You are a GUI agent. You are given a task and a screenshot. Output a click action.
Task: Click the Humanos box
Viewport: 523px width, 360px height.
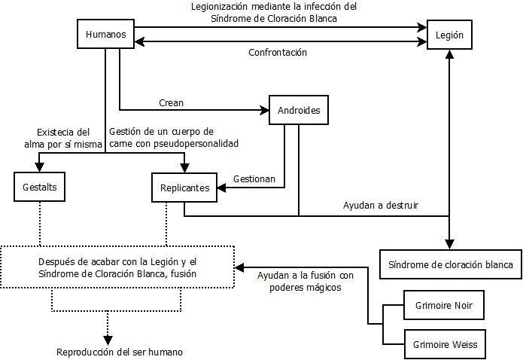(x=106, y=35)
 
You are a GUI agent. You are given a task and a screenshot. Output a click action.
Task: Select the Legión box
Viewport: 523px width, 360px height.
(x=449, y=35)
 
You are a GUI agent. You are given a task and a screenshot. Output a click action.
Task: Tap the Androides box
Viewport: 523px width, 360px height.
(x=299, y=111)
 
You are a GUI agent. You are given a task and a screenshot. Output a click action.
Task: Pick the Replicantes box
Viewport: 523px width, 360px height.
(x=184, y=188)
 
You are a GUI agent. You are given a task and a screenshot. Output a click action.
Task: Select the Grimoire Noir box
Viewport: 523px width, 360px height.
(x=443, y=305)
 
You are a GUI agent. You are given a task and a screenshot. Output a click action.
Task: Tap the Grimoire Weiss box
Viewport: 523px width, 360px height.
(x=443, y=344)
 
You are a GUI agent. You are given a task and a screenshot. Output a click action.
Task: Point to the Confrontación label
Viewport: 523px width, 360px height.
(x=278, y=53)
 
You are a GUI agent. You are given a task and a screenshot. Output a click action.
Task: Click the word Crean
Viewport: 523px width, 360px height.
(x=171, y=102)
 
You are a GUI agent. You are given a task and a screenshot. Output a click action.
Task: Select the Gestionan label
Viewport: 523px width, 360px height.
(x=254, y=179)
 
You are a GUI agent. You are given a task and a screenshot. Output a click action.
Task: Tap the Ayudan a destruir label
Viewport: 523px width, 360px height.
(x=381, y=205)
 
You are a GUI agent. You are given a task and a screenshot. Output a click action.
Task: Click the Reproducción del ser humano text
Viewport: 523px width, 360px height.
(x=119, y=352)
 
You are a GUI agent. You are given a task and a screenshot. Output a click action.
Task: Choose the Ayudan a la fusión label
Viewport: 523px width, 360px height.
(x=305, y=281)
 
